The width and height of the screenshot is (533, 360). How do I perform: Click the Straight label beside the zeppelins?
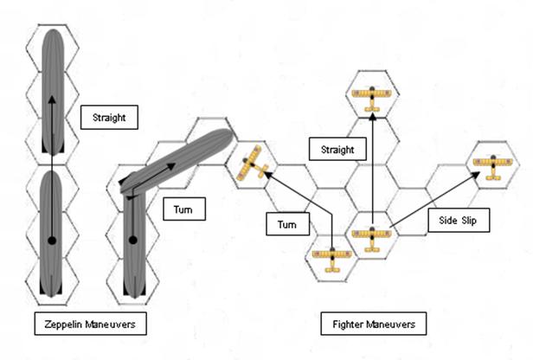pyautogui.click(x=103, y=117)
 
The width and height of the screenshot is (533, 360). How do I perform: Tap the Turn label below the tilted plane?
pyautogui.click(x=287, y=224)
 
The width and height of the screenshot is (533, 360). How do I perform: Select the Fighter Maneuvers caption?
pyautogui.click(x=374, y=325)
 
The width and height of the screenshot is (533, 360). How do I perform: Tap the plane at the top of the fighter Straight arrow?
pyautogui.click(x=373, y=95)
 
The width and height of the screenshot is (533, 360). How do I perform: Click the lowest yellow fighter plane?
pyautogui.click(x=331, y=258)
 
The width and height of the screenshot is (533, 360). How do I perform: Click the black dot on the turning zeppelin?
pyautogui.click(x=132, y=239)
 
